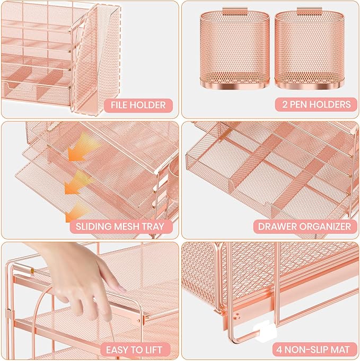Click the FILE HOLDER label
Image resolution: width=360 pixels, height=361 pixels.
coord(137,104)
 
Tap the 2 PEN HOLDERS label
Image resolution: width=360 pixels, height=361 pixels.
coord(312,104)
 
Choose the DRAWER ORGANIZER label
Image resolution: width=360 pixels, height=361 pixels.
coord(304,226)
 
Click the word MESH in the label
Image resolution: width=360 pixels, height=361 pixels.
coord(124,226)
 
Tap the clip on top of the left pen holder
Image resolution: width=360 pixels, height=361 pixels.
coord(235,10)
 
